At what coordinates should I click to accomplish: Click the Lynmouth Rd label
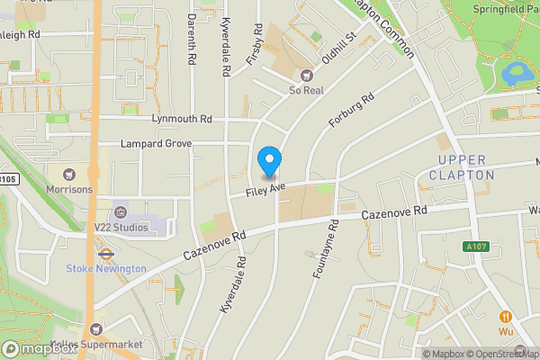click(x=182, y=118)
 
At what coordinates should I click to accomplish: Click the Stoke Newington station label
click(x=105, y=268)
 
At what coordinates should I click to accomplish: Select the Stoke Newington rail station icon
click(x=105, y=254)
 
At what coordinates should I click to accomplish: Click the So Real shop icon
click(x=306, y=76)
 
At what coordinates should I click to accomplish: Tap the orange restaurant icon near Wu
click(x=506, y=316)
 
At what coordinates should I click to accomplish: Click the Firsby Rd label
click(x=255, y=43)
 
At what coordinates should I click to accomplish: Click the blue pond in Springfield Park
click(x=516, y=74)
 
